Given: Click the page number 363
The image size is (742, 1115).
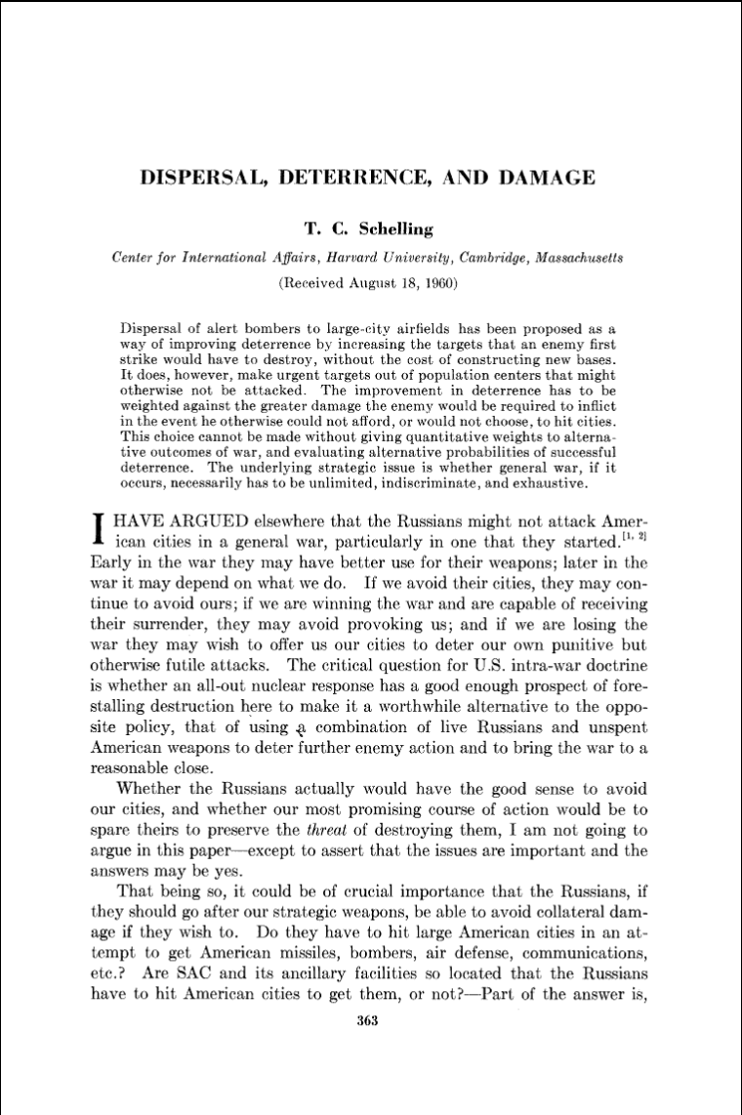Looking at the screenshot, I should [x=367, y=1022].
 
